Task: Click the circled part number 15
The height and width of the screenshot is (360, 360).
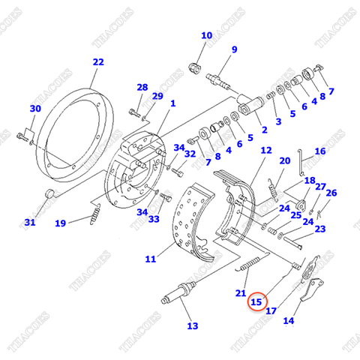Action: tap(256, 301)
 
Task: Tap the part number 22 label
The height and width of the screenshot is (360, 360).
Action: tap(98, 62)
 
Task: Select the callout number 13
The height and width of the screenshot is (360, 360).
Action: tap(193, 325)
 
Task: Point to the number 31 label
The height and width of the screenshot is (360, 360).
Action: tap(30, 222)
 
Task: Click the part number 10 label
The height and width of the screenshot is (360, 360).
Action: tap(207, 35)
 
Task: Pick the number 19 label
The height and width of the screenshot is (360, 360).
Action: tap(60, 223)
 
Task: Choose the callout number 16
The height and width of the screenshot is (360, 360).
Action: tap(320, 151)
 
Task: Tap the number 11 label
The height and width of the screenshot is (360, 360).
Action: tap(151, 259)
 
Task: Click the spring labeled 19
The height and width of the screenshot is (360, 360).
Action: tap(95, 214)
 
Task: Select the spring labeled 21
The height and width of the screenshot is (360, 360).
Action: tap(250, 263)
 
